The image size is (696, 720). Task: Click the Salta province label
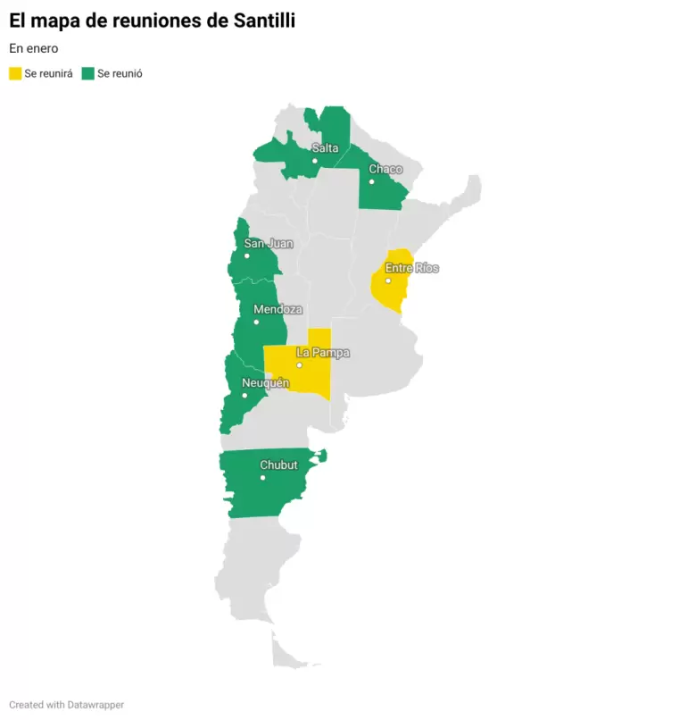pos(325,148)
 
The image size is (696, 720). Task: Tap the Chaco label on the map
pos(385,169)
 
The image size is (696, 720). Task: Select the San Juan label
pos(269,243)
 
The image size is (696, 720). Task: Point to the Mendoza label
pos(278,310)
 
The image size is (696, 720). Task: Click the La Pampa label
pos(323,353)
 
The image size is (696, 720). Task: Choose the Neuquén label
pos(266,383)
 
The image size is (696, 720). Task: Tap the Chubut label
pos(278,465)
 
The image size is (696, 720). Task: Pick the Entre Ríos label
pos(412,268)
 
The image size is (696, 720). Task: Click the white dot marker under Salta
pos(315,161)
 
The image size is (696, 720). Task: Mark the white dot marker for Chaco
pos(372,181)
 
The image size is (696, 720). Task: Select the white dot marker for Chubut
pos(262,478)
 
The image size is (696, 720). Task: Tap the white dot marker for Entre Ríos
pos(388,280)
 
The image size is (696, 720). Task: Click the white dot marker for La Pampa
pos(300,365)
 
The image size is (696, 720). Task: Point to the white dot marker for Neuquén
pos(244,395)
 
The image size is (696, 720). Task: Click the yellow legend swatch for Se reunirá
pos(15,73)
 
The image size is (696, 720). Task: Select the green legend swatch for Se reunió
pos(88,73)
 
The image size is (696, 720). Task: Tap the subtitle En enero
pos(34,48)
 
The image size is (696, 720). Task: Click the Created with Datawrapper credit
pos(67,705)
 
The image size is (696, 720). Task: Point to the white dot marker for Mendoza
pos(256,322)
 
